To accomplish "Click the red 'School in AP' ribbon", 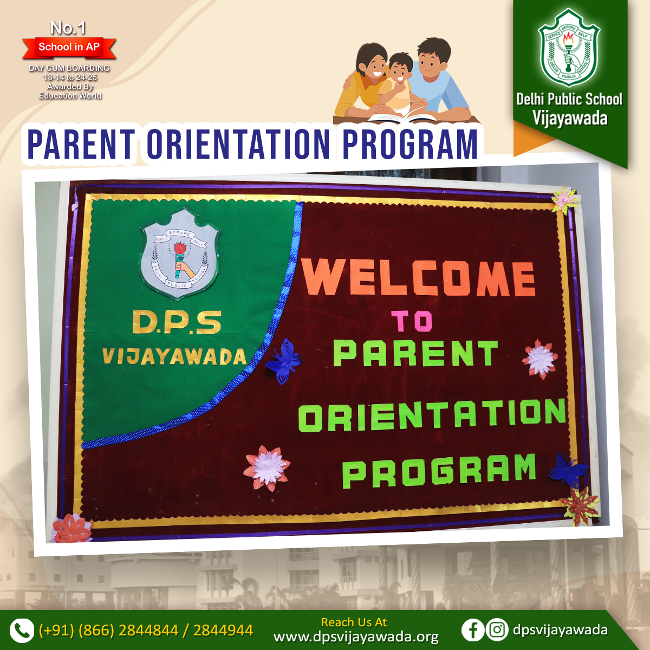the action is [x=69, y=47].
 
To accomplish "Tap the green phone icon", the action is [x=22, y=630].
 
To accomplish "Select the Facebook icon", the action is [x=472, y=629].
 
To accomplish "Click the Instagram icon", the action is [x=497, y=629].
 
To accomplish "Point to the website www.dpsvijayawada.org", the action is [x=356, y=638].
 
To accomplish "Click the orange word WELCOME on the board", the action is [x=418, y=277].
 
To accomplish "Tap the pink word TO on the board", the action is [x=412, y=321].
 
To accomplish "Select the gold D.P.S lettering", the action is [x=177, y=322].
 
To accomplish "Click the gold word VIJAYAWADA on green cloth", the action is [x=174, y=356].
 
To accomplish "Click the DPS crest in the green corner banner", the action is [x=569, y=48].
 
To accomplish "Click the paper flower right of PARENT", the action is [x=539, y=359].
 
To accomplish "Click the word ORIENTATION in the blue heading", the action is [x=238, y=144].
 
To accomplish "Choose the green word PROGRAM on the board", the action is [x=439, y=471].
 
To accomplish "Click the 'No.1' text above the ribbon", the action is [x=68, y=28].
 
